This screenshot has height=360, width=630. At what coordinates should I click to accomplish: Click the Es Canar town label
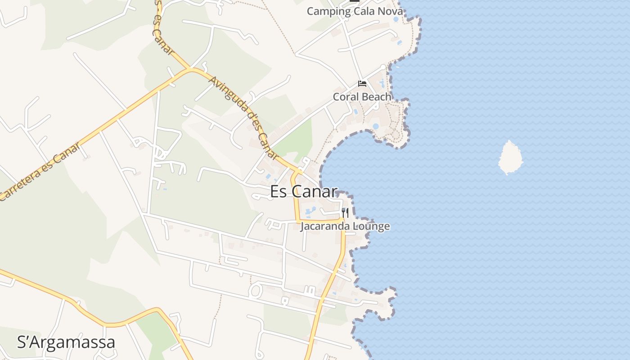click(x=303, y=192)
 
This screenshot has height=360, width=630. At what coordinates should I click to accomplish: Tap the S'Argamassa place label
click(x=66, y=342)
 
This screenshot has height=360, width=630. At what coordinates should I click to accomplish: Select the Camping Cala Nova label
click(x=355, y=11)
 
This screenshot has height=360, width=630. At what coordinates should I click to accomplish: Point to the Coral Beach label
click(x=362, y=97)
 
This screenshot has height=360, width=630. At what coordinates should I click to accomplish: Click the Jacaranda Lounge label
click(x=345, y=226)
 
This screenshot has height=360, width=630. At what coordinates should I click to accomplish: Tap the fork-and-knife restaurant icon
click(x=345, y=212)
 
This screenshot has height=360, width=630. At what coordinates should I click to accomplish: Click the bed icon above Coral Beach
click(x=362, y=84)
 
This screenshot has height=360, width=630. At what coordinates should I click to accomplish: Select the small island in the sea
click(x=510, y=157)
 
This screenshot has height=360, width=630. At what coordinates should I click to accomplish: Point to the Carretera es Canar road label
click(x=40, y=171)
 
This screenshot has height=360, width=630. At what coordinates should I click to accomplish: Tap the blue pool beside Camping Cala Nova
click(x=396, y=19)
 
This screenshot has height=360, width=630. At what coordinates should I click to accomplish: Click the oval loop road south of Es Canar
click(x=255, y=290)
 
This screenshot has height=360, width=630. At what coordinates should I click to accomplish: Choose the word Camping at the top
click(x=323, y=11)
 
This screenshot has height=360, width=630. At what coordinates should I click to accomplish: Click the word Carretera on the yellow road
click(x=20, y=184)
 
